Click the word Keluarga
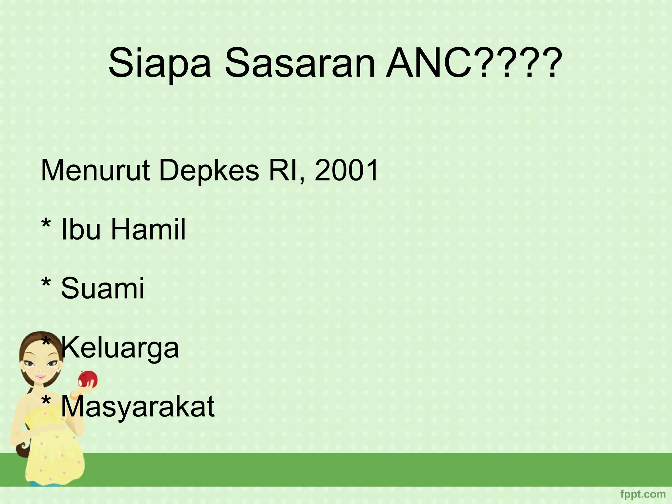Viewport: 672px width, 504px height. (x=120, y=348)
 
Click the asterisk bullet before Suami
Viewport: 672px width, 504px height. (x=46, y=283)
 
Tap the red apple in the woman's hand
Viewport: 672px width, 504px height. (x=87, y=379)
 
